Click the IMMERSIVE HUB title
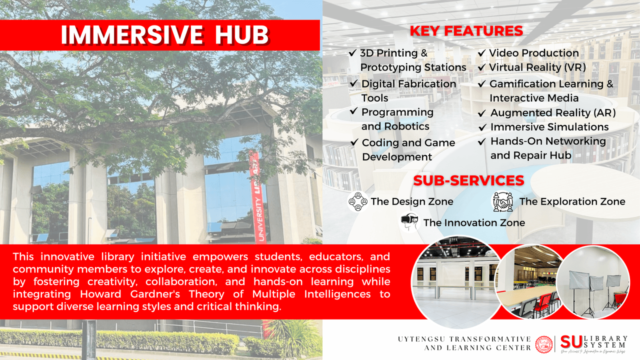165,35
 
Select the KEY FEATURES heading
466,31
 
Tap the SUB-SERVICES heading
468,180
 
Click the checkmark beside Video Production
481,53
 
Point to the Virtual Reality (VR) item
537,67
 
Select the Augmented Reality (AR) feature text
552,113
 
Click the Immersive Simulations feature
549,127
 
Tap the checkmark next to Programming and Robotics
354,111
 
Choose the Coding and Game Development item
408,149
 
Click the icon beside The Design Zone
358,202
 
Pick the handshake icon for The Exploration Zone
503,201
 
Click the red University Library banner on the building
256,197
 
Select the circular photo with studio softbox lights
593,282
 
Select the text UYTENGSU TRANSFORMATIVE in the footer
464,339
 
